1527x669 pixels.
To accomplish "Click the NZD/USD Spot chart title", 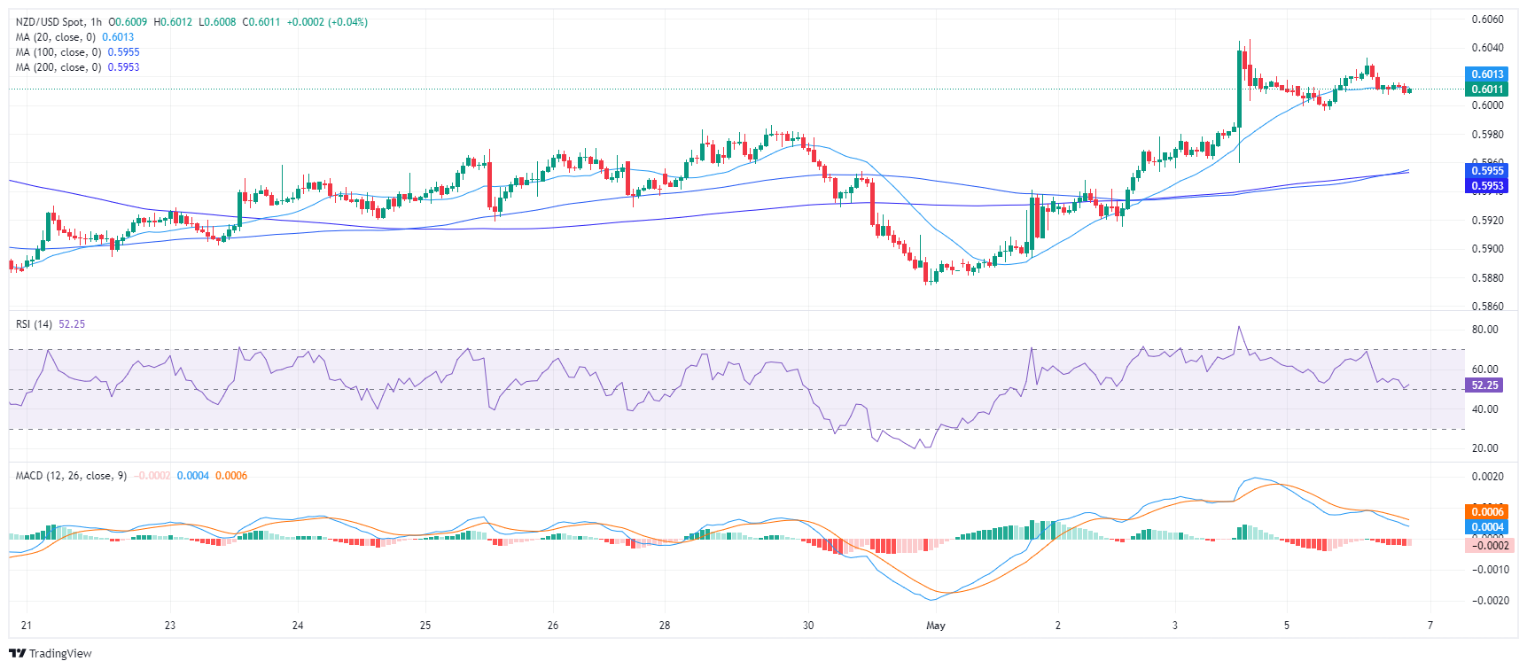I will (58, 22).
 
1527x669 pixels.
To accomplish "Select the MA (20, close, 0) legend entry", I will (57, 37).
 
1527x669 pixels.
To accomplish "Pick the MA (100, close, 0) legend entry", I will (59, 52).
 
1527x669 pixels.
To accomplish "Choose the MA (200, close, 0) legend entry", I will (59, 67).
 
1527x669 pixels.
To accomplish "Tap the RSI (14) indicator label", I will (34, 324).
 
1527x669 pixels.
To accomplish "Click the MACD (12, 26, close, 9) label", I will (71, 476).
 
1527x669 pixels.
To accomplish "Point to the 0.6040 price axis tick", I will (1487, 48).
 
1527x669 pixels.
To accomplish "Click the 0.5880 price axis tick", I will (1487, 278).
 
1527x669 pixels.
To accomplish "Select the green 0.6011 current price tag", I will (1487, 89).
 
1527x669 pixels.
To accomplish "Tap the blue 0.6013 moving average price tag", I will (1487, 74).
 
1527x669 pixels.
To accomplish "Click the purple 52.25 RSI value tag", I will (1484, 385).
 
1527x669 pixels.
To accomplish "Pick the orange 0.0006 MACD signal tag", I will (1487, 511).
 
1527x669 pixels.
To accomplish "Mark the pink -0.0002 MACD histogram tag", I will (1487, 545).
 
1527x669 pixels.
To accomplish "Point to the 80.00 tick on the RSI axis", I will (1485, 330).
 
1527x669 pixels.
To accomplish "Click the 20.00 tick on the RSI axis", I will (1485, 448).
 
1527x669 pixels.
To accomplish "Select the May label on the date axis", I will (936, 626).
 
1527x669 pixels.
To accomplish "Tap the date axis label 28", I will (665, 626).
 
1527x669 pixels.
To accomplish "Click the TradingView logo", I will (51, 654).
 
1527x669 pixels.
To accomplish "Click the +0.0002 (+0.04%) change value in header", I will (327, 22).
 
